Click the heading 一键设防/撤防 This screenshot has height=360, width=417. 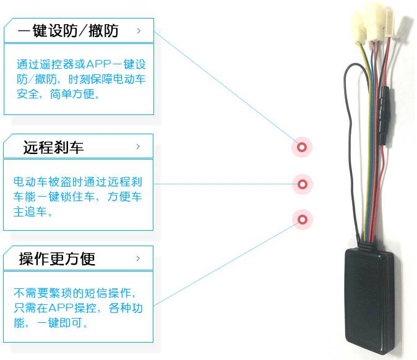click(68, 30)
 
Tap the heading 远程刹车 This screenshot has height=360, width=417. click(53, 147)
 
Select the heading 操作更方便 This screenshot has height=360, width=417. click(57, 258)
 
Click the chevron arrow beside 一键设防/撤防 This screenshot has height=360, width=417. click(138, 30)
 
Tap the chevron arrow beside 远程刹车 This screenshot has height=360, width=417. click(138, 147)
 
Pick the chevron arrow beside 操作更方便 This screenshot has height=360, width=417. click(138, 257)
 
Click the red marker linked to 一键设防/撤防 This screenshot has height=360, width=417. click(302, 147)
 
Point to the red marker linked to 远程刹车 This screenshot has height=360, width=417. click(302, 184)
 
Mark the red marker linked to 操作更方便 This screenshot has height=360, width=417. click(302, 219)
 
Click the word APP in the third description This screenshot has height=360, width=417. click(64, 308)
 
